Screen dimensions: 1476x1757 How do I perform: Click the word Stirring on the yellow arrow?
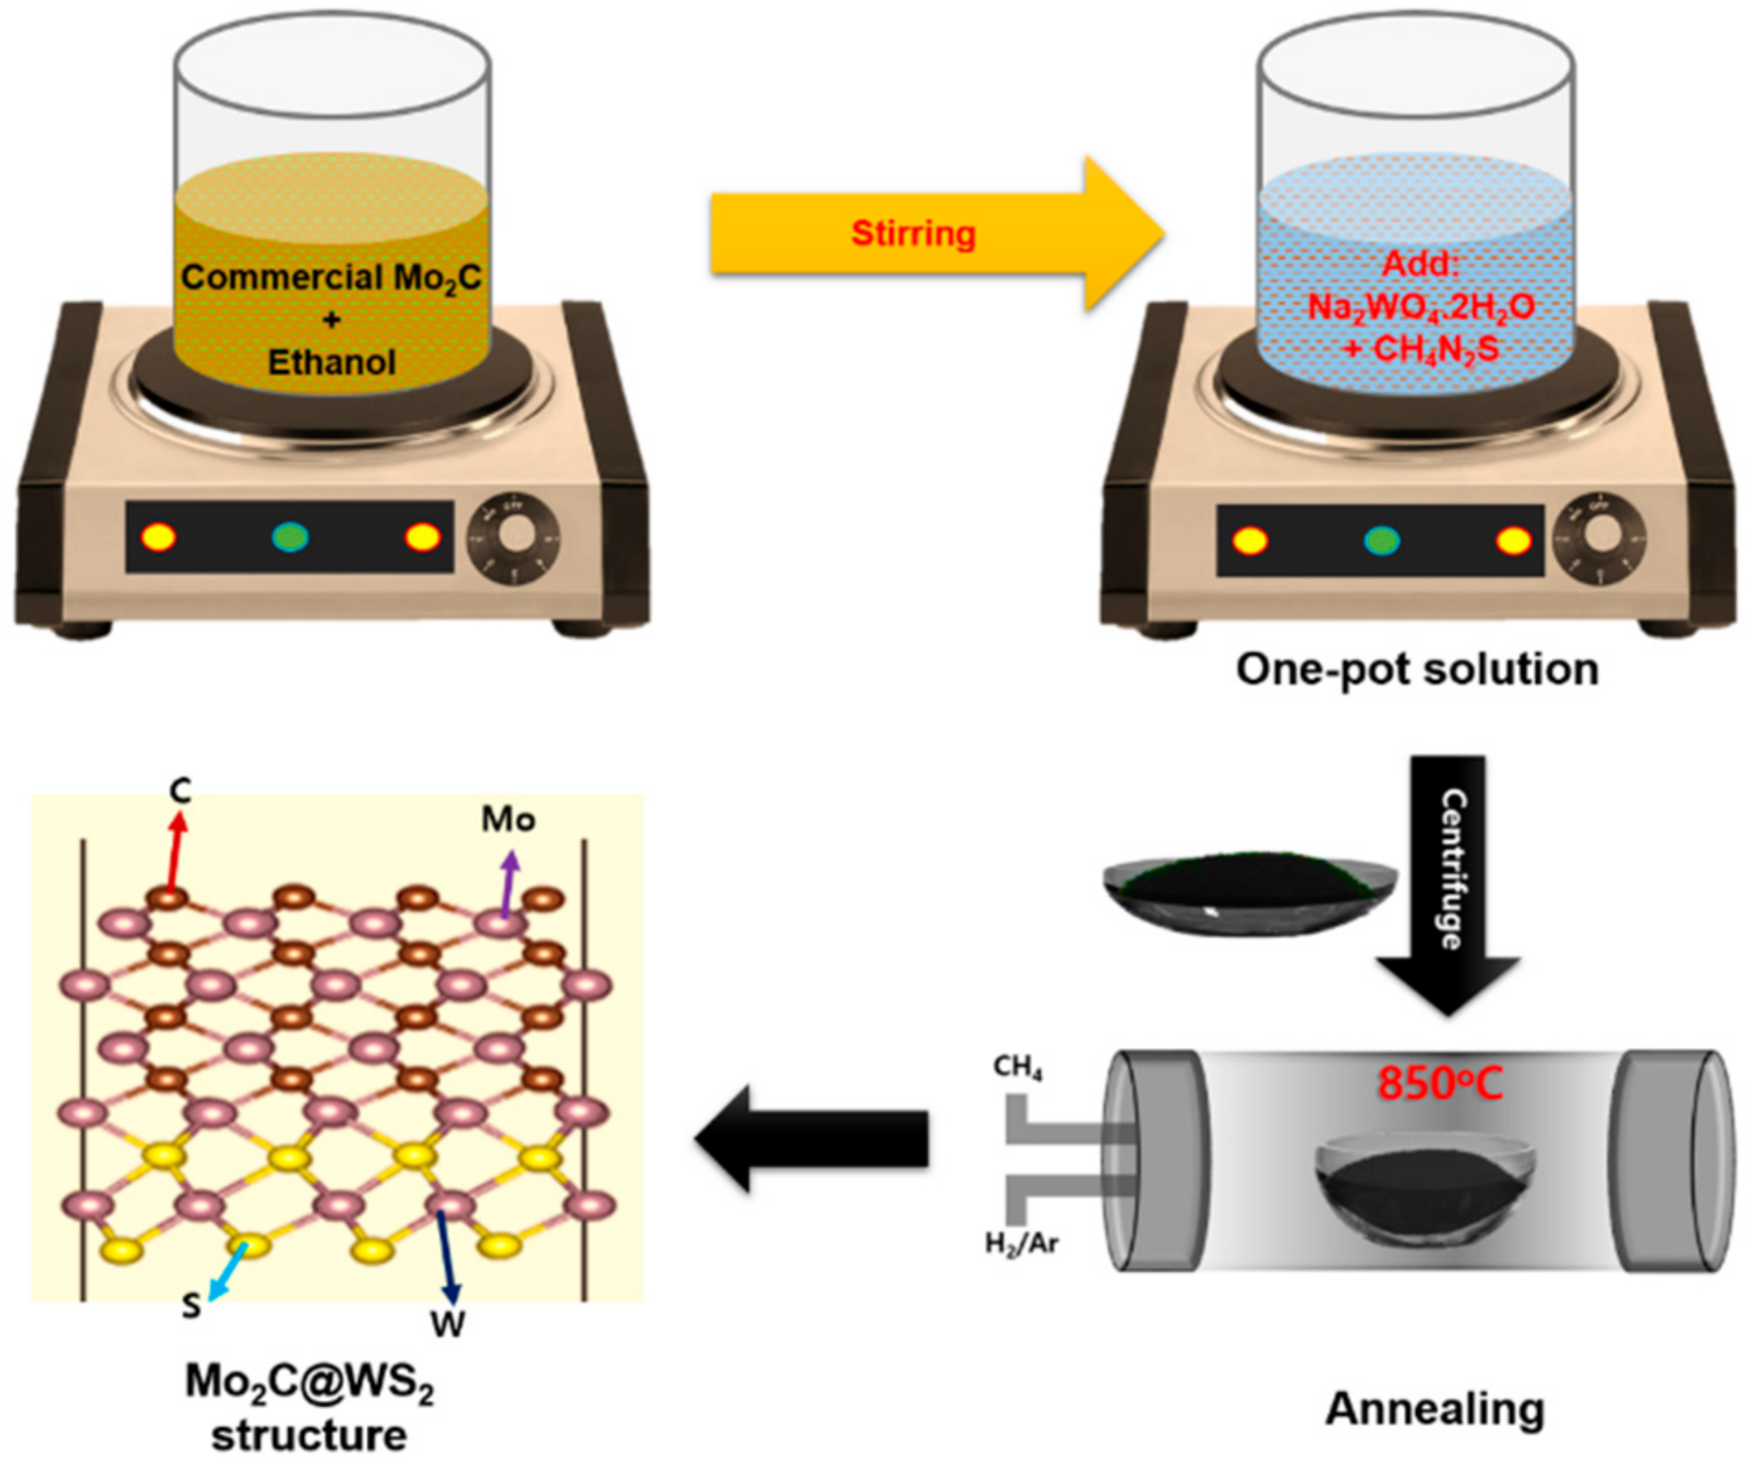click(x=913, y=232)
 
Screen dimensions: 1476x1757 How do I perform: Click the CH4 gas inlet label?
click(x=1018, y=1067)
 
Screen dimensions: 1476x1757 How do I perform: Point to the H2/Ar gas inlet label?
click(x=1022, y=1244)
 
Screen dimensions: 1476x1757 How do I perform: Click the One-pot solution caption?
click(x=1416, y=669)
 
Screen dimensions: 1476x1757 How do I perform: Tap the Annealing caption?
click(x=1435, y=1408)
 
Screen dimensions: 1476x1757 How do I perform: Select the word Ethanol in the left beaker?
click(x=331, y=362)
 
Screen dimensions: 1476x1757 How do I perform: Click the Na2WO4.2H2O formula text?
click(x=1421, y=306)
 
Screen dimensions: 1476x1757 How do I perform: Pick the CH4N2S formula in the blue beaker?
click(x=1421, y=350)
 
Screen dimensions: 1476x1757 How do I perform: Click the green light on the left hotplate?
click(x=290, y=537)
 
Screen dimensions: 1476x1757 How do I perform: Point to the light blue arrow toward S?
click(x=228, y=1270)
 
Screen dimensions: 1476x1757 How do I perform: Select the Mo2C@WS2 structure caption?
click(x=309, y=1409)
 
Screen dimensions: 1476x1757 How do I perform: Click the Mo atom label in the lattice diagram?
click(x=508, y=819)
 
